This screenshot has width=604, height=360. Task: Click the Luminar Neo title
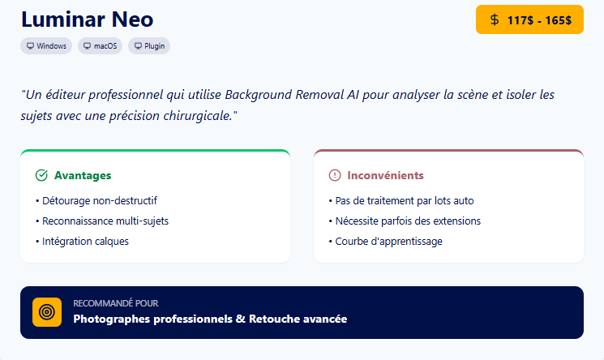coord(87,19)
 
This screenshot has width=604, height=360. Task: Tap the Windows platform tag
coord(46,46)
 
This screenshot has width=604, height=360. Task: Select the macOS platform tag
coord(101,46)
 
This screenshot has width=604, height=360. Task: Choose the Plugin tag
coord(149,46)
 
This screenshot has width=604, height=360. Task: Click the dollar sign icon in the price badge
coord(495,19)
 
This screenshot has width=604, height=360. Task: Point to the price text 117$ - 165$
coord(539,20)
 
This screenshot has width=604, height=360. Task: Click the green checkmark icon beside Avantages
coord(41,175)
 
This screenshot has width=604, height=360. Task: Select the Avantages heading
coord(83,175)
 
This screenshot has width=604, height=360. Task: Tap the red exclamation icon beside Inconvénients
coord(335,175)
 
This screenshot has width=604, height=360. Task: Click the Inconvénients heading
coord(385,175)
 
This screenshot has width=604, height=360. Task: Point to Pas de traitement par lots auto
coord(401,200)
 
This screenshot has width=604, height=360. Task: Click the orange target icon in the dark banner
coord(47,312)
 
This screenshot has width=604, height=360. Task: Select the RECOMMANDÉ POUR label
coord(116,303)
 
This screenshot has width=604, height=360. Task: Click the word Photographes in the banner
coord(109,319)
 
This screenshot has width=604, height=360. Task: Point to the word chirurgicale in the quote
coord(195,116)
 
